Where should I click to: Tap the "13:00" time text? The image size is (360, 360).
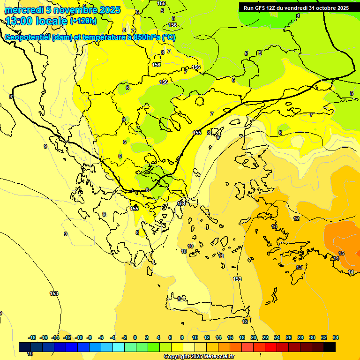[x=19, y=21]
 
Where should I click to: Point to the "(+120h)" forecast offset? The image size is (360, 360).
[x=83, y=21]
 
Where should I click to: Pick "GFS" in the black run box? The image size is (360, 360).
[x=259, y=8]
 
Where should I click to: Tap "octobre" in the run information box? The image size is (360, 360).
[x=321, y=8]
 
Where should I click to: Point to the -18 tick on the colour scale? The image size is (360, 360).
[x=32, y=337]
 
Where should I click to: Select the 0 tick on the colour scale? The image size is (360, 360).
[x=135, y=337]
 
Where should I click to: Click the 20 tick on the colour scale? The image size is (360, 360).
[x=254, y=337]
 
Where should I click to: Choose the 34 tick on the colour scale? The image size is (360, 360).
[x=336, y=337]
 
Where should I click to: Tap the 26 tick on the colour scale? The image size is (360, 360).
[x=289, y=337]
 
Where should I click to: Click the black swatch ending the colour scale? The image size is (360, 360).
[x=330, y=347]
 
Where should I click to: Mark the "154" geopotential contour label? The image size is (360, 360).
[x=181, y=203]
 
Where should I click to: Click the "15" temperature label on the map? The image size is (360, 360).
[x=341, y=253]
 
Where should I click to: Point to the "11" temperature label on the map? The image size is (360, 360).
[x=221, y=256]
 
